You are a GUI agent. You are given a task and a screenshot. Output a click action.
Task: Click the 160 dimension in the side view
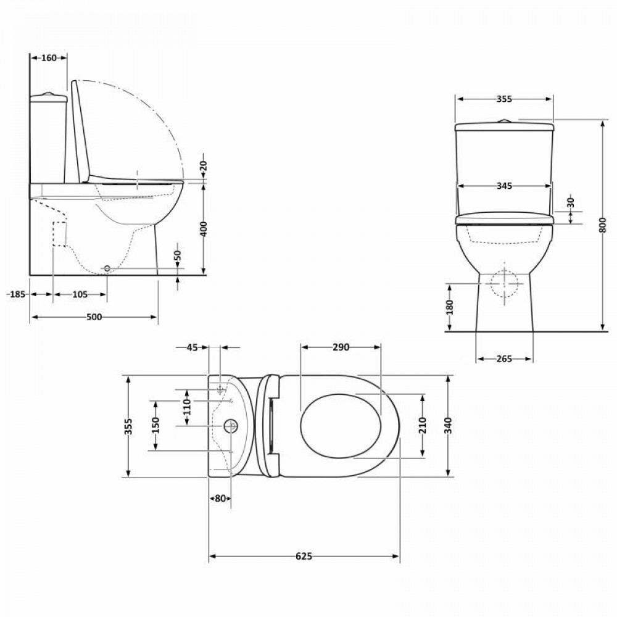pyautogui.click(x=49, y=58)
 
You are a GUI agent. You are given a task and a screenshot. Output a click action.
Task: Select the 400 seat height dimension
pyautogui.click(x=204, y=229)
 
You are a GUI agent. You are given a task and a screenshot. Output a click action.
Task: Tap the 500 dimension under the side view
pyautogui.click(x=94, y=317)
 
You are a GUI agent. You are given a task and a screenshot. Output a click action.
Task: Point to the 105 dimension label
pyautogui.click(x=80, y=294)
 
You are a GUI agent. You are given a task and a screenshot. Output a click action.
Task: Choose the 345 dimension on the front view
pyautogui.click(x=504, y=186)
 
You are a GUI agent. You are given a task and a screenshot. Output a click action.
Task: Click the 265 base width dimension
pyautogui.click(x=504, y=359)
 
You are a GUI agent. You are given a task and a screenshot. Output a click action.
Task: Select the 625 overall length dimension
pyautogui.click(x=304, y=557)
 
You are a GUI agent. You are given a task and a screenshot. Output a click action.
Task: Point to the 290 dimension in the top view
pyautogui.click(x=341, y=347)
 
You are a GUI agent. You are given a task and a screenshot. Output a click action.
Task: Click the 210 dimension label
pyautogui.click(x=422, y=425)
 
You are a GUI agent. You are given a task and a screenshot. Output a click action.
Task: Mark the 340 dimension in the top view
pyautogui.click(x=449, y=425)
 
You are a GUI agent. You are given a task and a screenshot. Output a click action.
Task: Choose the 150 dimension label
pyautogui.click(x=155, y=425)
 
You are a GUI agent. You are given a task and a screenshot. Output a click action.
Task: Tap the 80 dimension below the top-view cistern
pyautogui.click(x=220, y=499)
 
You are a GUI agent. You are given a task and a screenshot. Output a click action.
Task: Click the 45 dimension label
pyautogui.click(x=192, y=347)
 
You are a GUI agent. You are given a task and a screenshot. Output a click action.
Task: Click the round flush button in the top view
pyautogui.click(x=231, y=426)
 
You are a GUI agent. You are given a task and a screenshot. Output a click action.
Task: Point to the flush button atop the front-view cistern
pyautogui.click(x=504, y=120)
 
